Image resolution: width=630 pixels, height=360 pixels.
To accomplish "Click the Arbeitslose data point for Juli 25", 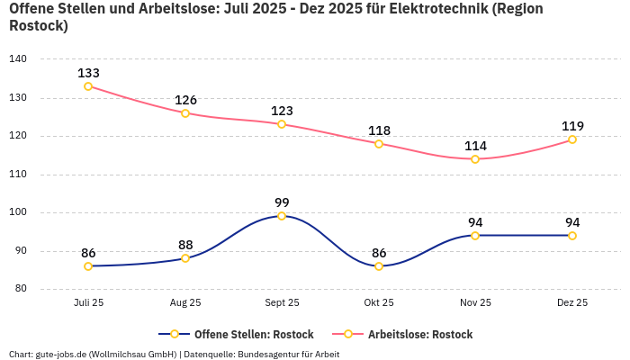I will pos(88,86).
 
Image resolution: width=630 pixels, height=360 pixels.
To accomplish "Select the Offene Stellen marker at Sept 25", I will pos(282,216).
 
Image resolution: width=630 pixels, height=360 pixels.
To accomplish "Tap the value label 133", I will pos(88,73).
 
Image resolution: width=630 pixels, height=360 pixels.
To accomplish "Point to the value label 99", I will pos(282,202).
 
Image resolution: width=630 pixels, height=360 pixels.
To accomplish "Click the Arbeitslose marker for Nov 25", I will pos(475,159).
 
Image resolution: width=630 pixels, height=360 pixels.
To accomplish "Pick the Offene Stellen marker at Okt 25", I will pos(379,266).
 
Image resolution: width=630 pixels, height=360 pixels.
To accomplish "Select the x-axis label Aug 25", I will pos(185,303).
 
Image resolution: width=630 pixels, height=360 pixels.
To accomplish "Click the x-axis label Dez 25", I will pos(572,303).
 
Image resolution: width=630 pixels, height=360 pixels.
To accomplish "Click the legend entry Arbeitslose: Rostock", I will pos(410,334).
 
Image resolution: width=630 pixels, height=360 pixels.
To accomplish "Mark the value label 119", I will pos(572,126).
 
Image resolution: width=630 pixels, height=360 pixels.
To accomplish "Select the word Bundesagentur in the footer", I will pos(270,355).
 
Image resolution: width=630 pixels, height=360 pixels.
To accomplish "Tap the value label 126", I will pos(185,100).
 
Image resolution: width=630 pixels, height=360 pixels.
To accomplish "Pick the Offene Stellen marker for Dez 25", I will pos(572,236).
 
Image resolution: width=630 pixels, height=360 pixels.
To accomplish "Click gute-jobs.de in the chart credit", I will pos(61,355).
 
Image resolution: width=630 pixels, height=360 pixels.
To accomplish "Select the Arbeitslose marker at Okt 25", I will pos(379,144).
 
